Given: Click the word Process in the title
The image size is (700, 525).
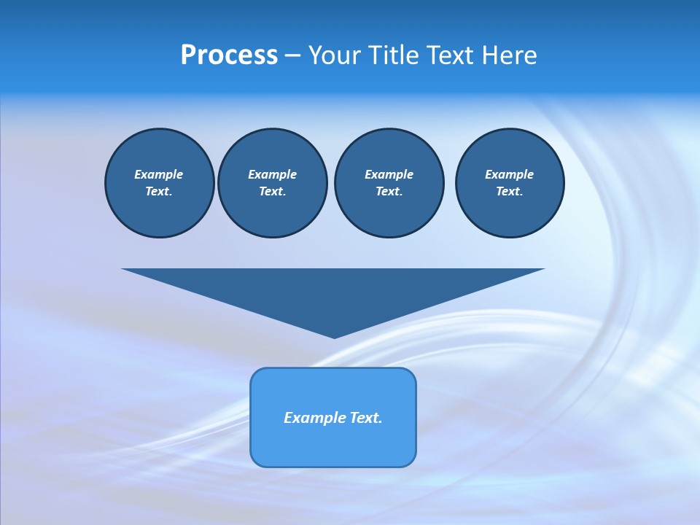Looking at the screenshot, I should point(229,55).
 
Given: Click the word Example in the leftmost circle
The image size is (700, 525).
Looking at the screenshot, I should point(159,174).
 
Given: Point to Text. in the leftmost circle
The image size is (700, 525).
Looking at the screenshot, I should point(159,192).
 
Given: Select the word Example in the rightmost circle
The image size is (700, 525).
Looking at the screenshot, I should point(509,174).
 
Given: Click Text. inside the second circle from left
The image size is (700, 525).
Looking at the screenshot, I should point(272,192).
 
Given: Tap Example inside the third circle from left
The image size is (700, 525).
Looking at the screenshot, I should point(389,174).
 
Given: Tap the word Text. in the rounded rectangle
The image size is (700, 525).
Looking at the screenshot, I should point(365,418).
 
